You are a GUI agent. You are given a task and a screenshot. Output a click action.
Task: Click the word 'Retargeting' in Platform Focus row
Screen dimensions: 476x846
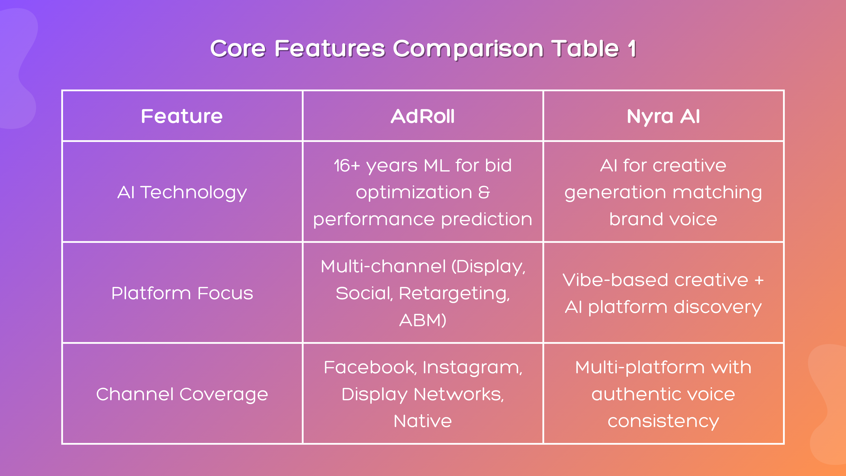[454, 293]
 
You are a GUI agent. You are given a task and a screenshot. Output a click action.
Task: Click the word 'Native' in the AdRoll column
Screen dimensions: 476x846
[423, 421]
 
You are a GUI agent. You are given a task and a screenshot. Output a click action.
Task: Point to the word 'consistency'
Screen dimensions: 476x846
[663, 421]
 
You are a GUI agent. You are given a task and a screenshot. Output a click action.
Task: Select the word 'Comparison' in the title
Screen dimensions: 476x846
[468, 49]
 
